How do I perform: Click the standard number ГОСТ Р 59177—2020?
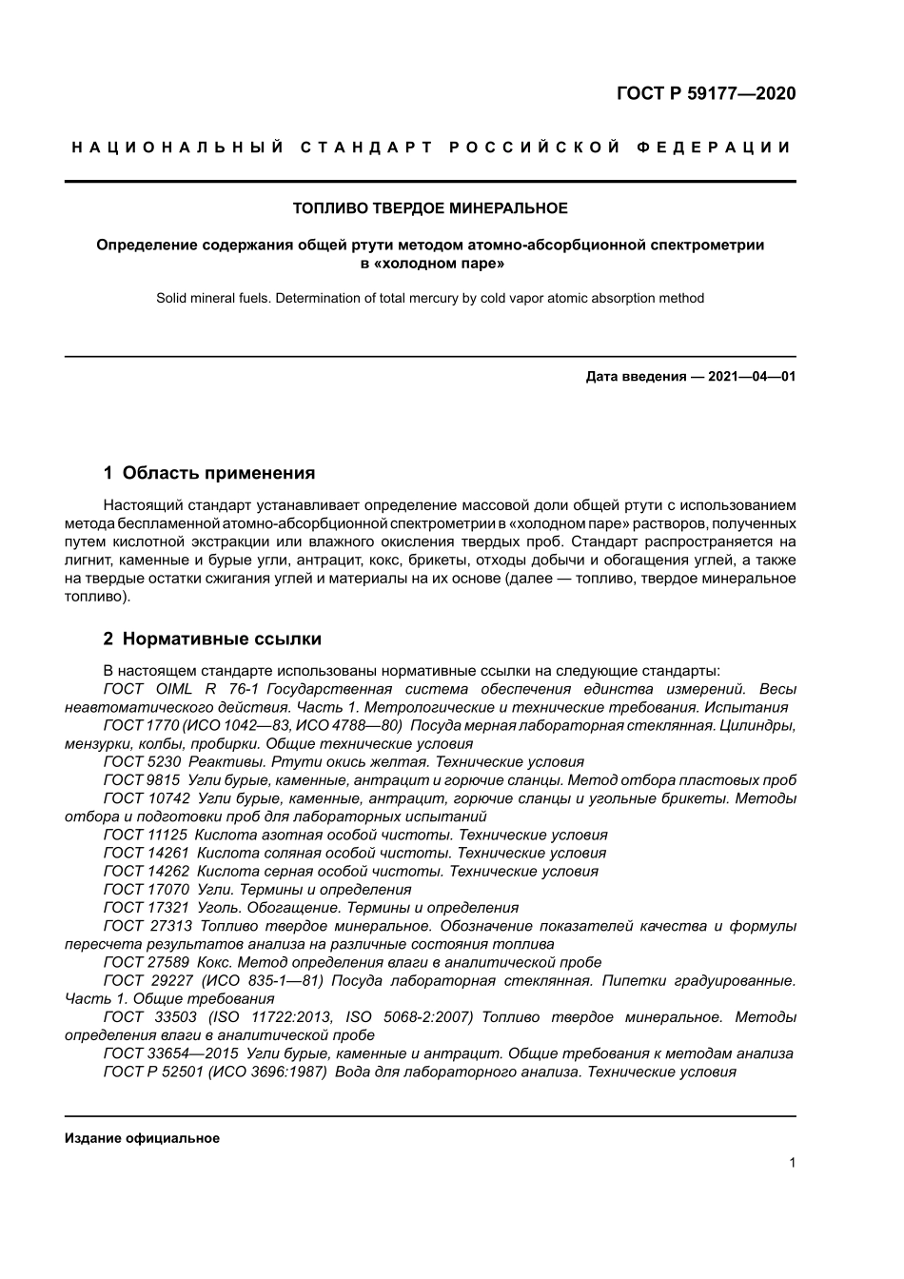pyautogui.click(x=706, y=93)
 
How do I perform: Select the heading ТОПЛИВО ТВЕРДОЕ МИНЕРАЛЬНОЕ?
pyautogui.click(x=430, y=207)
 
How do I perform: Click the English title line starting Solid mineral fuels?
pyautogui.click(x=430, y=298)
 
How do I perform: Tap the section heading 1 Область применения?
pyautogui.click(x=208, y=473)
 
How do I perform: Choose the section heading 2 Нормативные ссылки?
pyautogui.click(x=212, y=639)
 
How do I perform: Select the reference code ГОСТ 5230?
pyautogui.click(x=142, y=761)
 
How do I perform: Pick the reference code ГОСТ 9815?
pyautogui.click(x=142, y=779)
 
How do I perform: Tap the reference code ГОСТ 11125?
pyautogui.click(x=146, y=835)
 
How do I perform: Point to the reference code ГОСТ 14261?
pyautogui.click(x=146, y=853)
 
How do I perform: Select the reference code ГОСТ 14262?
pyautogui.click(x=146, y=871)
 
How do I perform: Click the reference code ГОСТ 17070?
pyautogui.click(x=146, y=889)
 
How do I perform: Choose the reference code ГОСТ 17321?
pyautogui.click(x=146, y=907)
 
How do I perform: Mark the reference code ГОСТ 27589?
pyautogui.click(x=146, y=962)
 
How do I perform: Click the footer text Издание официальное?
pyautogui.click(x=142, y=1138)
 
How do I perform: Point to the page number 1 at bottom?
pyautogui.click(x=792, y=1162)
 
